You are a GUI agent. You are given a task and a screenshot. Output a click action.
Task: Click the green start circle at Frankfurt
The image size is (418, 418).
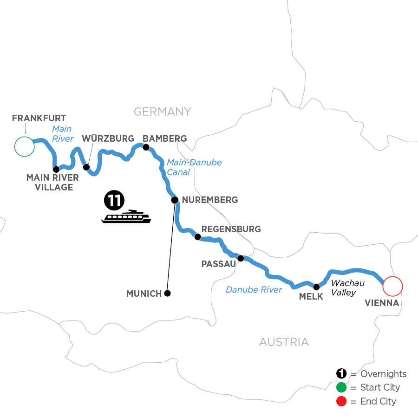(x=25, y=147)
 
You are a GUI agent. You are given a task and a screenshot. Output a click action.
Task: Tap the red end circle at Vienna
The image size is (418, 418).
(x=392, y=286)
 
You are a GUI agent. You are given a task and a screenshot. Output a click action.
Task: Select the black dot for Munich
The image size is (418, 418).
(x=168, y=294)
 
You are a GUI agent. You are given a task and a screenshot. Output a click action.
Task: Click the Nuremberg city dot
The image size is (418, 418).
(x=175, y=200)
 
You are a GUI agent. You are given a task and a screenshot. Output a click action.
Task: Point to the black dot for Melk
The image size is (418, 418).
(x=317, y=287)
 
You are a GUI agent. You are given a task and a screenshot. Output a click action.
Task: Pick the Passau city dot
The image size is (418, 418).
(x=241, y=258)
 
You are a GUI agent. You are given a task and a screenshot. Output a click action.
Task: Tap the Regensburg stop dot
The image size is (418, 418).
(x=197, y=237)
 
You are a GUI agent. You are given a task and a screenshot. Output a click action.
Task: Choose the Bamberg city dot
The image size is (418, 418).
(x=146, y=148)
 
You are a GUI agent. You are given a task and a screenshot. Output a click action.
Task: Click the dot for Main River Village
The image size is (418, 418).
(x=56, y=169)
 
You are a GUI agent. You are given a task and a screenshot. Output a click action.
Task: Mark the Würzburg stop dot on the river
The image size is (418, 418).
(x=86, y=167)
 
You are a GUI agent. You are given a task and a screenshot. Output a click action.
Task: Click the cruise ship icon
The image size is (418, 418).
(x=126, y=216)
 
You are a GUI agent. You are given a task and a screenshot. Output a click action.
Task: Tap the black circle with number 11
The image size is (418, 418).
(x=114, y=200)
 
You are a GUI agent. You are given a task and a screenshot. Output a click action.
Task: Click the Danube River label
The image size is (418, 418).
(x=254, y=290)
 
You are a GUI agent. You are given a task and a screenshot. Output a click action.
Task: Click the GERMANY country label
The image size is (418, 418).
(x=162, y=111)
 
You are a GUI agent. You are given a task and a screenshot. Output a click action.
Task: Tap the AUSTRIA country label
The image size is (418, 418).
(x=284, y=342)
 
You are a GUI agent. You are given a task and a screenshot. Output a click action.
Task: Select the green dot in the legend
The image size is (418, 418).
(x=341, y=387)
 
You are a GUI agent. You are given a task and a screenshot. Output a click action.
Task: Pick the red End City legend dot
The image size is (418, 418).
(x=341, y=401)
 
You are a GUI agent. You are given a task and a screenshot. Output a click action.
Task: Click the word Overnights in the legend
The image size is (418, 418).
(x=383, y=374)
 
